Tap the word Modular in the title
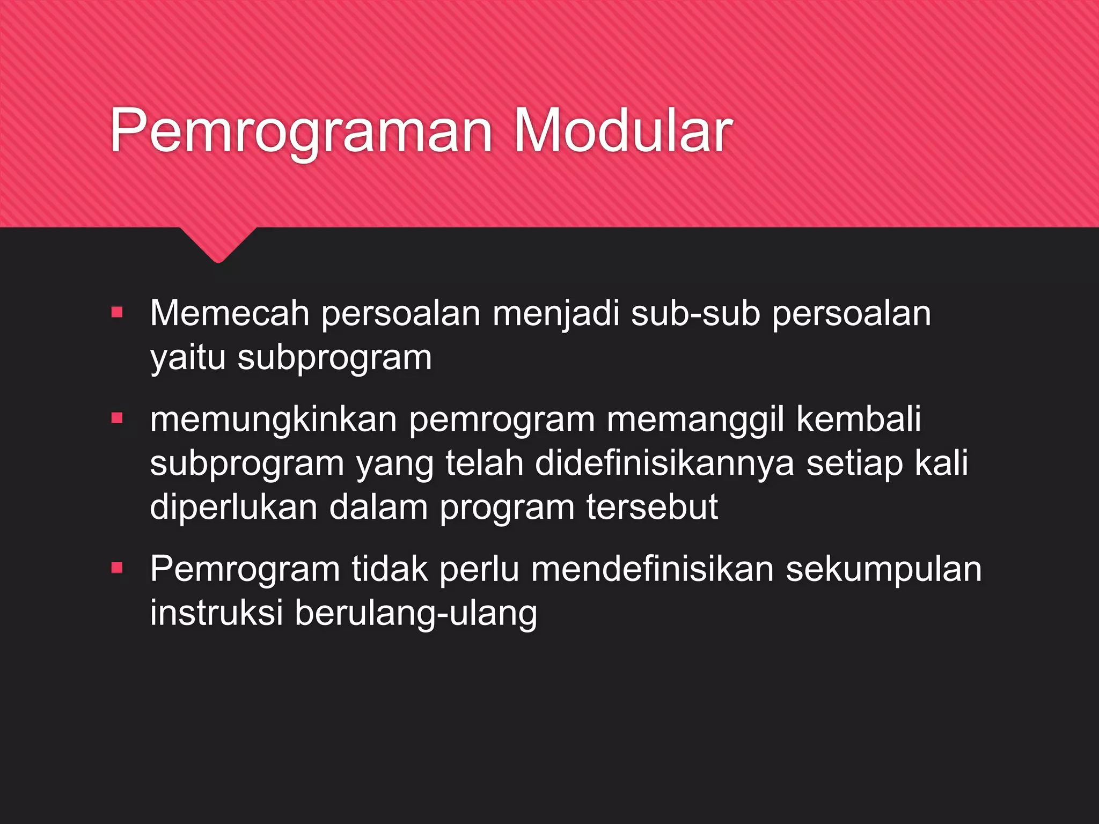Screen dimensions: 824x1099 (x=623, y=131)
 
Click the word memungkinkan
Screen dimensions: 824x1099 (x=273, y=420)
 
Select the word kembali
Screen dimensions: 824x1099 (x=859, y=419)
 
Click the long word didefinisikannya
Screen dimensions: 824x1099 (x=664, y=463)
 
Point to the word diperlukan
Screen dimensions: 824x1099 (x=233, y=507)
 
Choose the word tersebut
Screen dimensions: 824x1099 (x=652, y=507)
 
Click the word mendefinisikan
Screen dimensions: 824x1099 (x=652, y=569)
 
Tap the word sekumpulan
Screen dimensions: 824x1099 (x=884, y=569)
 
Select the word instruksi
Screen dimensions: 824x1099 (x=216, y=613)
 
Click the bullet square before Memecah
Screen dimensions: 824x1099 (x=117, y=312)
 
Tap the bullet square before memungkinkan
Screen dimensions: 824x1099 (x=117, y=418)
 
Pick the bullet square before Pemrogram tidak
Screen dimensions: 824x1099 (x=117, y=568)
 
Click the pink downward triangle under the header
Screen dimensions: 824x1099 (x=218, y=244)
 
